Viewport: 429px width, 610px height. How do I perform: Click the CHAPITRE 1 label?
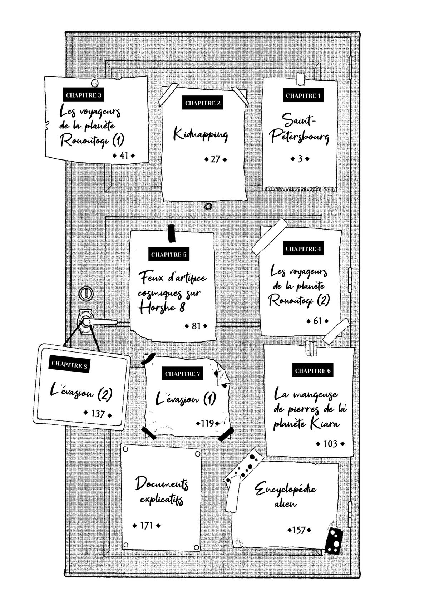(x=303, y=95)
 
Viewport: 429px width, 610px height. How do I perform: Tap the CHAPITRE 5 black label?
(x=169, y=255)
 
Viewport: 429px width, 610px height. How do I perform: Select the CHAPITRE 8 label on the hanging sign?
(x=69, y=364)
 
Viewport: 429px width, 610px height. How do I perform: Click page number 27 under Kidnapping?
(x=215, y=159)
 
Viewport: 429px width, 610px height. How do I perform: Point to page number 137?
(x=98, y=414)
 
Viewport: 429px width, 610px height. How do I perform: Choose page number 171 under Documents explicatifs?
(x=146, y=526)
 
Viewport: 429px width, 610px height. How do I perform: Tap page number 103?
(x=330, y=444)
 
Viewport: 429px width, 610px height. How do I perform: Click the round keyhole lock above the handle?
(x=85, y=294)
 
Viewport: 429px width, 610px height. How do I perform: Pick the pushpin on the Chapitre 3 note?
(x=94, y=83)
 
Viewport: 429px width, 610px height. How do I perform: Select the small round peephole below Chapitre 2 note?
(x=208, y=207)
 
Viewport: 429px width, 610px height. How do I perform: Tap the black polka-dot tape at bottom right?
(x=334, y=541)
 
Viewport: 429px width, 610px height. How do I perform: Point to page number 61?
(x=317, y=321)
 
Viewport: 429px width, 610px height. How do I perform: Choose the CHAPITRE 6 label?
(x=312, y=370)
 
